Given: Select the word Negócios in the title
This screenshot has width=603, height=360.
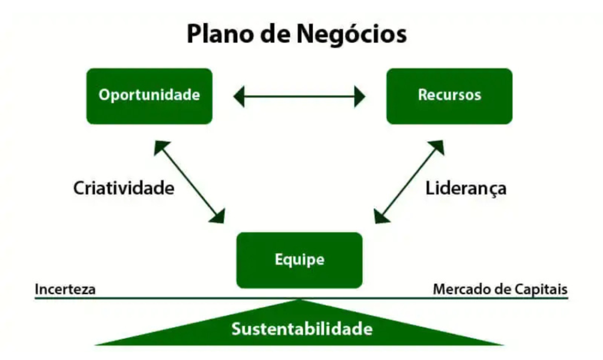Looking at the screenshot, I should (352, 34).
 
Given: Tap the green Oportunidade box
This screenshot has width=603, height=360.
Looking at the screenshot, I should (149, 95).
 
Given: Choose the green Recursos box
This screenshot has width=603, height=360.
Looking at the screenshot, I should (449, 95).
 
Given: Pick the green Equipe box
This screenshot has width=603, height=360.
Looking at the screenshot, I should (299, 260).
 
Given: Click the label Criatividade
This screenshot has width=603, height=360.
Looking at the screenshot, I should (124, 189).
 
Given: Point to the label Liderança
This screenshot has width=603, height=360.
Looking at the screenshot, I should (466, 189).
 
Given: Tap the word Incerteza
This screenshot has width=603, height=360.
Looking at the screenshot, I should (65, 290).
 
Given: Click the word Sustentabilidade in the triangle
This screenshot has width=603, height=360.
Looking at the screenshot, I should (301, 328).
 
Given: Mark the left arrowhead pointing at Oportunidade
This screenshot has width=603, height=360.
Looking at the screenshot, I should (238, 96).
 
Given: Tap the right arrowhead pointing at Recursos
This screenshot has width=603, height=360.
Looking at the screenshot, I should (360, 96).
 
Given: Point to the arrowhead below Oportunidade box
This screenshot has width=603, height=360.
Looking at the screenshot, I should (161, 147).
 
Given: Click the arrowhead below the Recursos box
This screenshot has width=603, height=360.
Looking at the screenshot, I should (437, 147).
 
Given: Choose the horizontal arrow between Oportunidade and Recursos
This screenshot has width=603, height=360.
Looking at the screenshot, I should (299, 96).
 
